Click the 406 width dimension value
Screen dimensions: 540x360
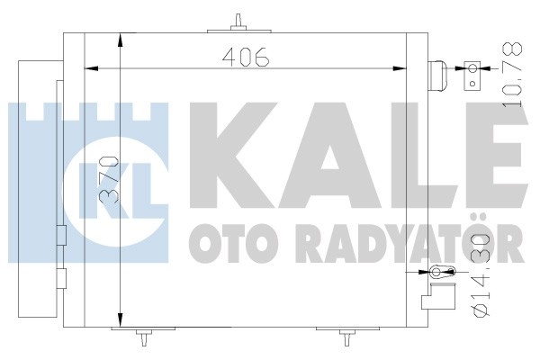click(245, 57)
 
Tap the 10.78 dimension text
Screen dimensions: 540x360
click(512, 74)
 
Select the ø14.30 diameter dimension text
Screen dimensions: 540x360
click(481, 275)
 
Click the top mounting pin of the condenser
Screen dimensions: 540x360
click(238, 23)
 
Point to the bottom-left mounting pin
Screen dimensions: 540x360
click(143, 336)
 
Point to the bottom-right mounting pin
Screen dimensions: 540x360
click(347, 337)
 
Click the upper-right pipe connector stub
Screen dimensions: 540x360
click(437, 76)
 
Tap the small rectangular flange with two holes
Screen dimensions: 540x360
click(472, 76)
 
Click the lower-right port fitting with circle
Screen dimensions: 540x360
click(442, 272)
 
